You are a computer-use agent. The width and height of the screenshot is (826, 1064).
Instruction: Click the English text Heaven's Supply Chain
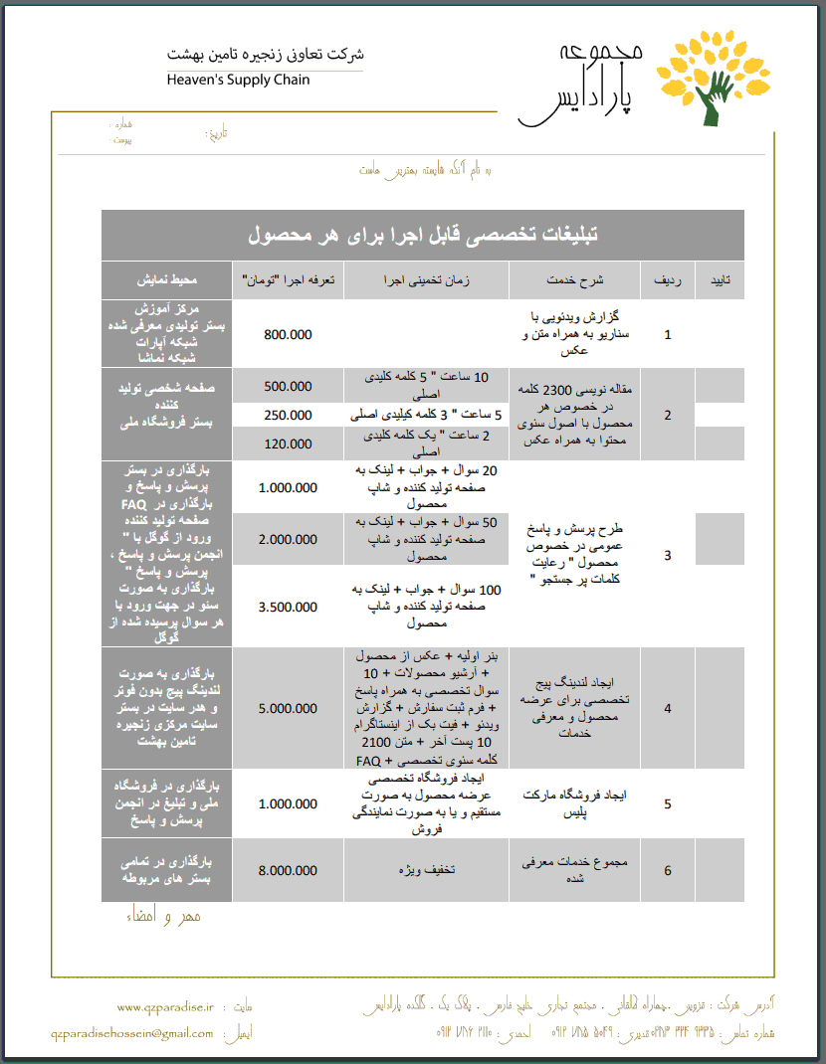[238, 80]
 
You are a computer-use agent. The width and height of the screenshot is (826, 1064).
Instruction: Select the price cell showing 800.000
[289, 335]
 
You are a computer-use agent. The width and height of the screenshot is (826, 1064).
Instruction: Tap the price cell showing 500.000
[289, 386]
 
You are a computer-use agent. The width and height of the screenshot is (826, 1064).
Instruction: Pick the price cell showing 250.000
[289, 415]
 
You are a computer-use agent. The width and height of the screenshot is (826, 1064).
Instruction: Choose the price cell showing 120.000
[289, 443]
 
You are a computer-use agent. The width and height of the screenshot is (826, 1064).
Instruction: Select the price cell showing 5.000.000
[289, 708]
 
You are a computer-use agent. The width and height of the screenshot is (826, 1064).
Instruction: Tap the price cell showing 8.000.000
[289, 870]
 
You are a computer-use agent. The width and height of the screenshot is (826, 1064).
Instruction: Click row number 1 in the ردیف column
[668, 335]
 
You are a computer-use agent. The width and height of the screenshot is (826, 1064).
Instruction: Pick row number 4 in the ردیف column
[668, 708]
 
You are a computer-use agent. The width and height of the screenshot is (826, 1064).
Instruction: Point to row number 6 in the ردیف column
[668, 870]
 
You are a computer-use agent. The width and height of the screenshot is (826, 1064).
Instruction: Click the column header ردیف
[668, 281]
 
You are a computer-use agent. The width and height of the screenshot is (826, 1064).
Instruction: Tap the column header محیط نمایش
[167, 281]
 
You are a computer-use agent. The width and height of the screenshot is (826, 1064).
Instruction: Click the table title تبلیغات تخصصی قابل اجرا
[423, 236]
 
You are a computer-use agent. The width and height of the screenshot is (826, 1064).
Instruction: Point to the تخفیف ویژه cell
[428, 870]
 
